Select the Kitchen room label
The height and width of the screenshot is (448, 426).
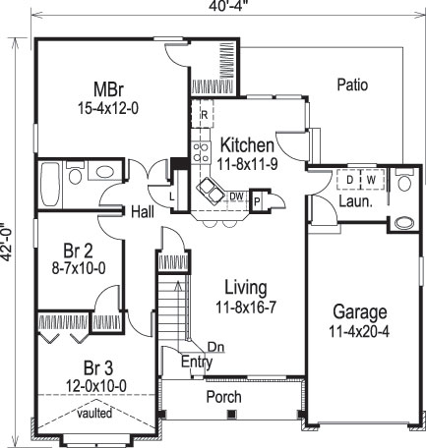(247, 145)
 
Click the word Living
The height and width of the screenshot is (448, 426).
(245, 287)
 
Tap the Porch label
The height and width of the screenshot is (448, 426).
(222, 397)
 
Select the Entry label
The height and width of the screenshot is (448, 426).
(196, 362)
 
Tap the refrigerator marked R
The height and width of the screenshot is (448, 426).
(204, 115)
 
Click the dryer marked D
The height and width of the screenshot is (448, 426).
(349, 181)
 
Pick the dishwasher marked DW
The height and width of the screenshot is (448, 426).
(236, 196)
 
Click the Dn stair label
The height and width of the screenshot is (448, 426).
(214, 346)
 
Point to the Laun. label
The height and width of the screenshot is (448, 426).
(354, 202)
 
